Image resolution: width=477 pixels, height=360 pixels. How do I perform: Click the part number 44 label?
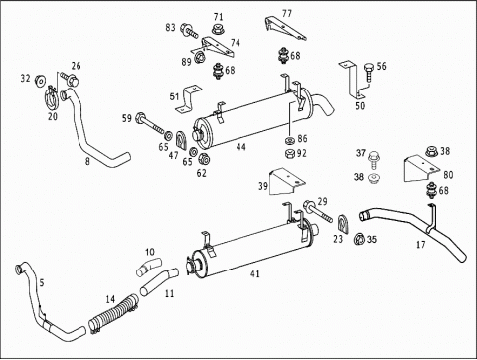(241, 147)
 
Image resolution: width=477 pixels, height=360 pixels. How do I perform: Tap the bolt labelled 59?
(150, 123)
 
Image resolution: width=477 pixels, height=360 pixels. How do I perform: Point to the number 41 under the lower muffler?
(255, 274)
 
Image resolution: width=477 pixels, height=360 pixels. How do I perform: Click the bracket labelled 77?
(285, 29)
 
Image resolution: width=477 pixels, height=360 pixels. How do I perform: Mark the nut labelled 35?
(360, 239)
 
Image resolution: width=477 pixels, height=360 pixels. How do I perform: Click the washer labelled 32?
(41, 81)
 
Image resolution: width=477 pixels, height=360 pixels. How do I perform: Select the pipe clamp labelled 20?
(51, 97)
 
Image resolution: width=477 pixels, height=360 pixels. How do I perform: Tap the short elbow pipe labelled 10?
(148, 267)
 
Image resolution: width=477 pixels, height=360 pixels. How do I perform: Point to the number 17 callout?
(420, 245)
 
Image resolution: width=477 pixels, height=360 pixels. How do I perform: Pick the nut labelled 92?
(290, 154)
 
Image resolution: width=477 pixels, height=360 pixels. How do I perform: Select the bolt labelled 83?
(189, 31)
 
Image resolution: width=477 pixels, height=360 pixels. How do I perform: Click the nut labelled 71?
(218, 29)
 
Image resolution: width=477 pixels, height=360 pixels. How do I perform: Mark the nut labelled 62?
(203, 160)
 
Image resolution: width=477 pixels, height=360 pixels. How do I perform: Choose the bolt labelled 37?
(373, 160)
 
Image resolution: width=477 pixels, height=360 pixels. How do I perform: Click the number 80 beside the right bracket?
(448, 175)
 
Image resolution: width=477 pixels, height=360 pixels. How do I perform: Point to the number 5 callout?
(42, 282)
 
